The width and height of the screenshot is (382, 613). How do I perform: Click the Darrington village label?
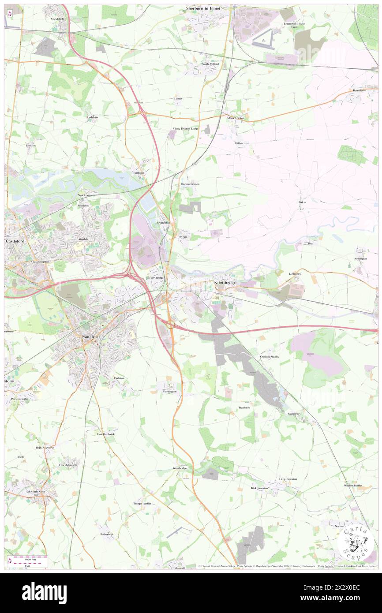pyautogui.click(x=169, y=391)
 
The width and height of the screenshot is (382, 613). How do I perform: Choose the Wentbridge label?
pyautogui.click(x=180, y=468)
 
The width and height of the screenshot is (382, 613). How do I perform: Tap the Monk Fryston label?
pyautogui.click(x=236, y=118)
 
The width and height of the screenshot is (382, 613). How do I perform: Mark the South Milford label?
pyautogui.click(x=210, y=64)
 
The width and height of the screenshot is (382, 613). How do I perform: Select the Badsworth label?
pyautogui.click(x=106, y=534)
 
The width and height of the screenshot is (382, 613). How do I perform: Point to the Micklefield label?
pyautogui.click(x=57, y=19)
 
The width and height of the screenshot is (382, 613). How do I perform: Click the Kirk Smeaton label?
pyautogui.click(x=259, y=488)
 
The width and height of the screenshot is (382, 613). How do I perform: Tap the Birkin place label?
pyautogui.click(x=302, y=202)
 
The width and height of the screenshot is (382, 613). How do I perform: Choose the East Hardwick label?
pyautogui.click(x=106, y=434)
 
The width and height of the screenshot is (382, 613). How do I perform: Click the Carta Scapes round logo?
pyautogui.click(x=356, y=542)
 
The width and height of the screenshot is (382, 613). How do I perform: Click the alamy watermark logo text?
pyautogui.click(x=45, y=592)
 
